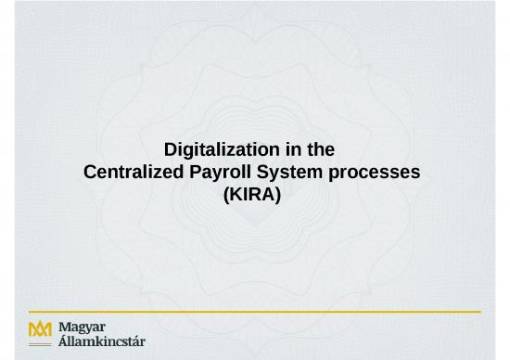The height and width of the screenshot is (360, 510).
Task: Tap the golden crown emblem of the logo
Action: [41, 328]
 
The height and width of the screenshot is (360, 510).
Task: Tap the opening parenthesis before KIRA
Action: [228, 196]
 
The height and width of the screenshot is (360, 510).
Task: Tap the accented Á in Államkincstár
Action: [62, 342]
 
